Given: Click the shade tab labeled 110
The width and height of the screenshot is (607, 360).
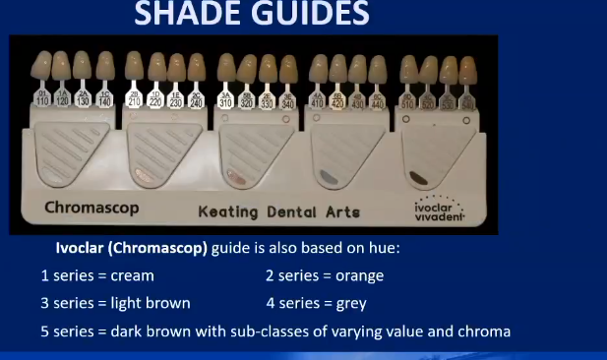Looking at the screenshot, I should (42, 99).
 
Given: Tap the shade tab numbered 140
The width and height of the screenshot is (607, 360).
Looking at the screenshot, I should (104, 99).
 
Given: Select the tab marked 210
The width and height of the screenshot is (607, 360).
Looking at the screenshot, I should (135, 99).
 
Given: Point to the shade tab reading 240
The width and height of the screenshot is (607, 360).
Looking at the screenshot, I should (196, 99).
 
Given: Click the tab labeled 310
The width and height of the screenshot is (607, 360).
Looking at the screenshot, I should (225, 101).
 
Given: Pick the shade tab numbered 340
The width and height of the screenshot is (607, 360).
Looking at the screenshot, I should (287, 101).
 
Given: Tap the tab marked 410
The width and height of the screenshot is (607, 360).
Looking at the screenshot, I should (317, 101).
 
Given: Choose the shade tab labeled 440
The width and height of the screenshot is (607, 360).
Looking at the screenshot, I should (378, 101).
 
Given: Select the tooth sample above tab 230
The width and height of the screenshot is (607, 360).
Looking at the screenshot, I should (176, 67).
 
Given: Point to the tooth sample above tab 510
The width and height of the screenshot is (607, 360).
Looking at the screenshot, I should (408, 70).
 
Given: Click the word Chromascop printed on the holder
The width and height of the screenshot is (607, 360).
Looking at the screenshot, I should (91, 208).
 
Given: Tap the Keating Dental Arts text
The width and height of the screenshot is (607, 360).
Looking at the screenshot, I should (278, 211).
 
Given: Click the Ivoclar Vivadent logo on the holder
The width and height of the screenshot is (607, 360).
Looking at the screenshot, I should (438, 210).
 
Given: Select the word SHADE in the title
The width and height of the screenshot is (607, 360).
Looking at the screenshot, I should (179, 14).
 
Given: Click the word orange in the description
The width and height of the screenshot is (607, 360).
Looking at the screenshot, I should (359, 275).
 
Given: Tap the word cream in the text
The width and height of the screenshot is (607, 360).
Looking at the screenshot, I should (132, 275).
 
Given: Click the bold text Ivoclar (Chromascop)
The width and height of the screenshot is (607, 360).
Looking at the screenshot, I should (130, 249).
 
